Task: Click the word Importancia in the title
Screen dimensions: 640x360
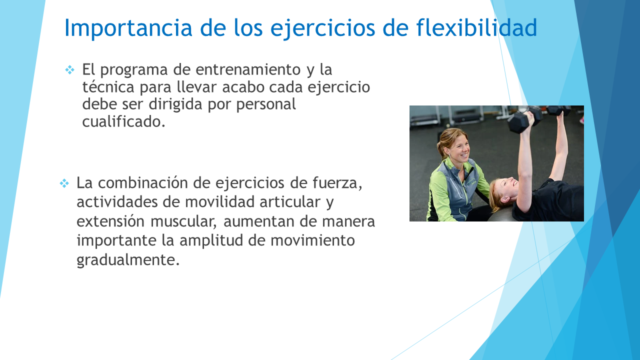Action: coord(128,28)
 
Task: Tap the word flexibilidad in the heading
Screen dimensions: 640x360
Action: coord(476,27)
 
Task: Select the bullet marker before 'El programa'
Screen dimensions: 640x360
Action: coord(69,69)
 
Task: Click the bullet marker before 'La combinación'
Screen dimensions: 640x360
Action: coord(64,183)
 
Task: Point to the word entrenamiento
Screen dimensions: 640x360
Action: coord(248,69)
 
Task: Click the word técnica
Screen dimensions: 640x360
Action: coord(108,87)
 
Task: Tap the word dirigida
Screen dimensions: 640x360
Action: coord(175,104)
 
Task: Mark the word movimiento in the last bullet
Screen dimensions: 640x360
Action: coord(312,240)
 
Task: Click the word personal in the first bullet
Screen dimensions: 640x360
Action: coord(266,105)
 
